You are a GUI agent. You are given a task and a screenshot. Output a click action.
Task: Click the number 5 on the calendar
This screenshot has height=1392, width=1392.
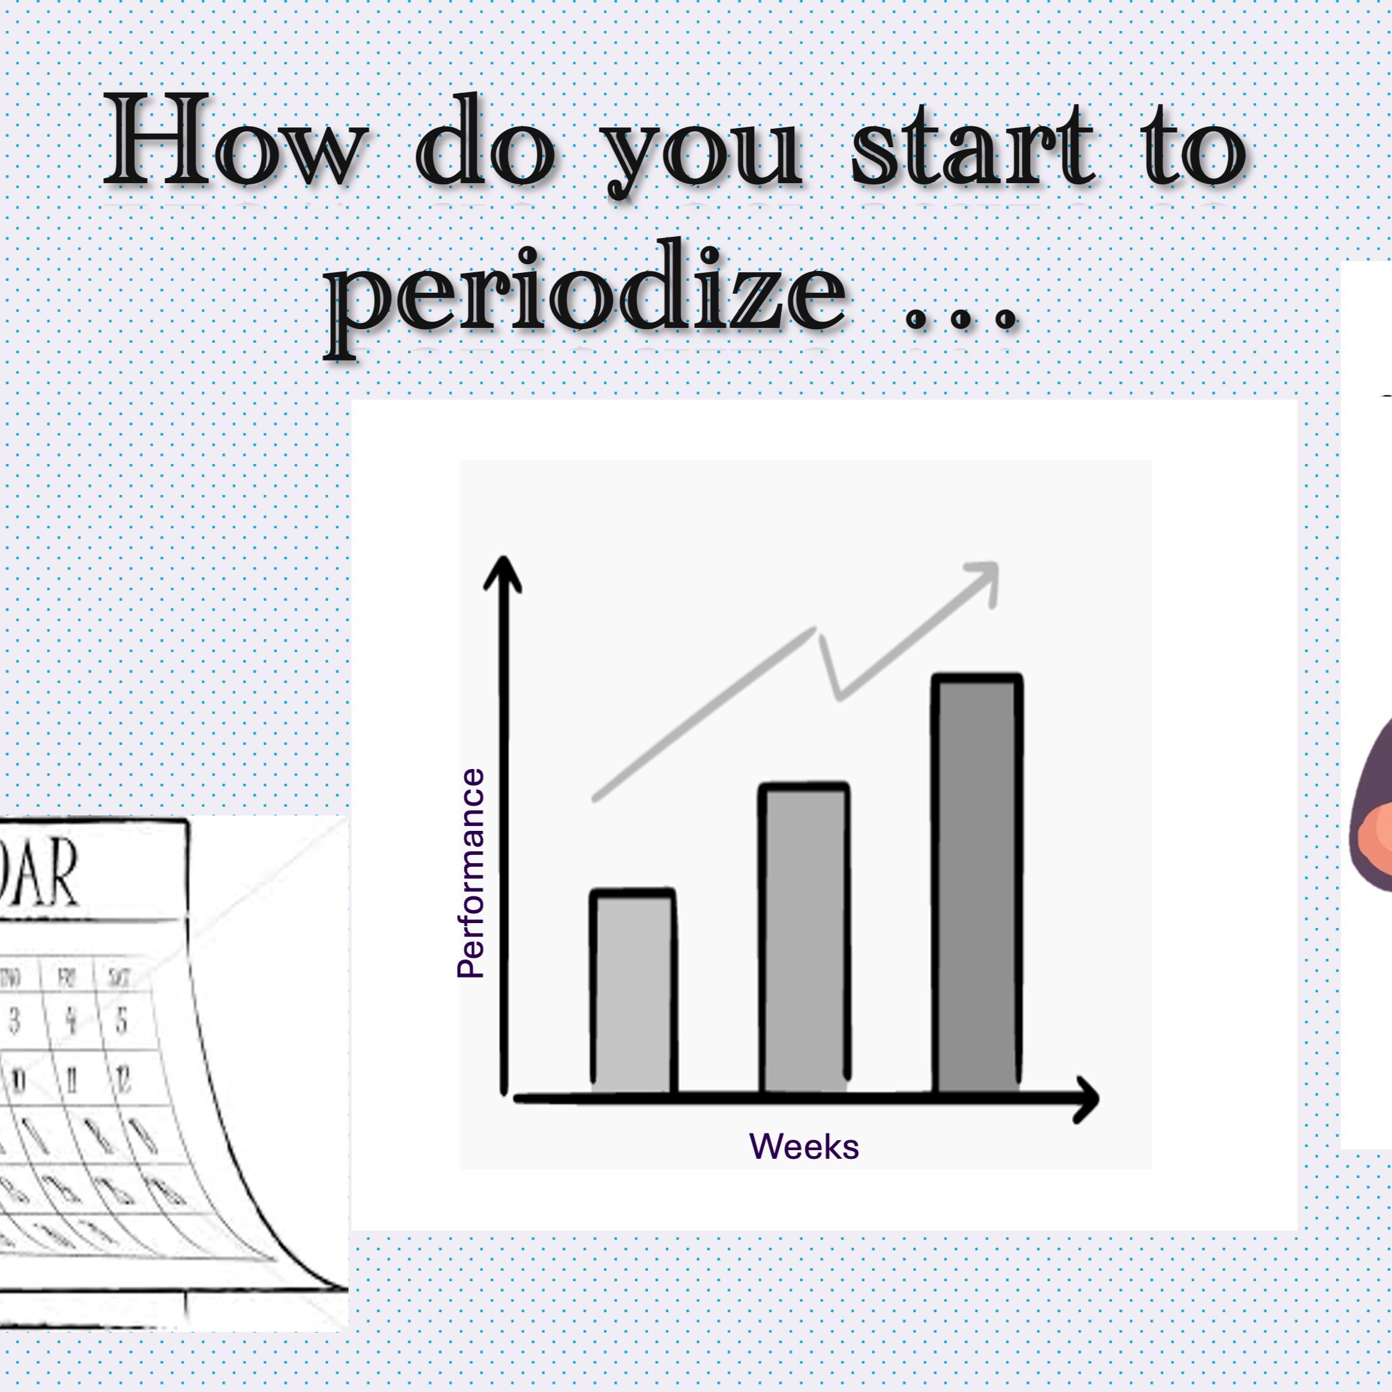click(x=121, y=1021)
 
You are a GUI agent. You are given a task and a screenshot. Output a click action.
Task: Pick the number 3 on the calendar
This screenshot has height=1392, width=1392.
click(x=14, y=1021)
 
